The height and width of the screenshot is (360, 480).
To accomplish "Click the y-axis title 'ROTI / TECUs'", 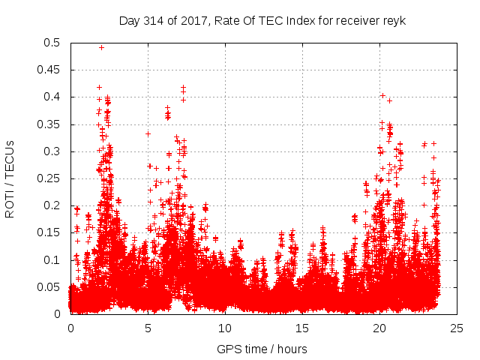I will pyautogui.click(x=10, y=178).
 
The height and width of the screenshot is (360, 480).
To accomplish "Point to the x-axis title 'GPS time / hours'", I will pyautogui.click(x=262, y=349).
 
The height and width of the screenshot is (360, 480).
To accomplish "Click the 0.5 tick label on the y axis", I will pyautogui.click(x=52, y=43).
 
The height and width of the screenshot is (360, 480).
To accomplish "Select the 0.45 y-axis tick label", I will pyautogui.click(x=49, y=70).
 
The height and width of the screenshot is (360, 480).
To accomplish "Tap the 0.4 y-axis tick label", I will pyautogui.click(x=52, y=97).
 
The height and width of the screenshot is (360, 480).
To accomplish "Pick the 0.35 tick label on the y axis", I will pyautogui.click(x=49, y=124).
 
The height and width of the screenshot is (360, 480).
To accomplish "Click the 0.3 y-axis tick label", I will pyautogui.click(x=52, y=151).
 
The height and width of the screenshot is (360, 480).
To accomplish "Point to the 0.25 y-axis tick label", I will pyautogui.click(x=49, y=178).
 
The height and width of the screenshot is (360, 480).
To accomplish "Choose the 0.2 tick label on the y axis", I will pyautogui.click(x=52, y=205).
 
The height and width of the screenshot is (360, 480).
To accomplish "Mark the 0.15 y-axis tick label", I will pyautogui.click(x=49, y=232).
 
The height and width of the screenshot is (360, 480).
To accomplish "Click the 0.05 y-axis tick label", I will pyautogui.click(x=49, y=286).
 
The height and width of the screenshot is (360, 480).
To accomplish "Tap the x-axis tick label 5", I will pyautogui.click(x=148, y=328).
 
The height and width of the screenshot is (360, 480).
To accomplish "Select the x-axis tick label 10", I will pyautogui.click(x=225, y=328).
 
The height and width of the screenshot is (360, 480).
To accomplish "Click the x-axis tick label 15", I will pyautogui.click(x=302, y=328).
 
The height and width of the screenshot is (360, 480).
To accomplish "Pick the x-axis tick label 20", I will pyautogui.click(x=379, y=328).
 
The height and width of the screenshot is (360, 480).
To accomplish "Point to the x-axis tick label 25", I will pyautogui.click(x=457, y=328).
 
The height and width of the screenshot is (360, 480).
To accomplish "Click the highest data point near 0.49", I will pyautogui.click(x=101, y=47).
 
